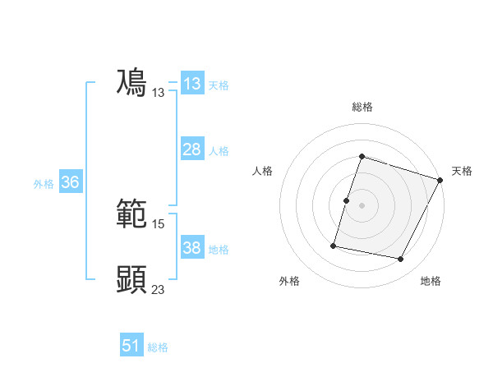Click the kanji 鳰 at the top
pos(132,82)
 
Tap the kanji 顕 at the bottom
pos(132,279)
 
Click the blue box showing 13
pos(191,84)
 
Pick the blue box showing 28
pos(191,149)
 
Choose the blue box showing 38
pos(191,248)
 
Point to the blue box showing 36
pos(70,182)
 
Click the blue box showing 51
pos(131,346)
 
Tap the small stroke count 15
pos(159,223)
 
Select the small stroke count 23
pos(159,288)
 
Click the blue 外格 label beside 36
pos(44,184)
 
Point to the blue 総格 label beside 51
pos(158,347)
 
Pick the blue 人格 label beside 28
pos(219,151)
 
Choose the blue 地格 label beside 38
pos(219,250)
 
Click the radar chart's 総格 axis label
pos(362,107)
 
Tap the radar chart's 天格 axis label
pos(462,171)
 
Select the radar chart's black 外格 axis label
pos(289,282)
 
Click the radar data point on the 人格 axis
pos(347,200)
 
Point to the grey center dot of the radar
pos(362,205)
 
